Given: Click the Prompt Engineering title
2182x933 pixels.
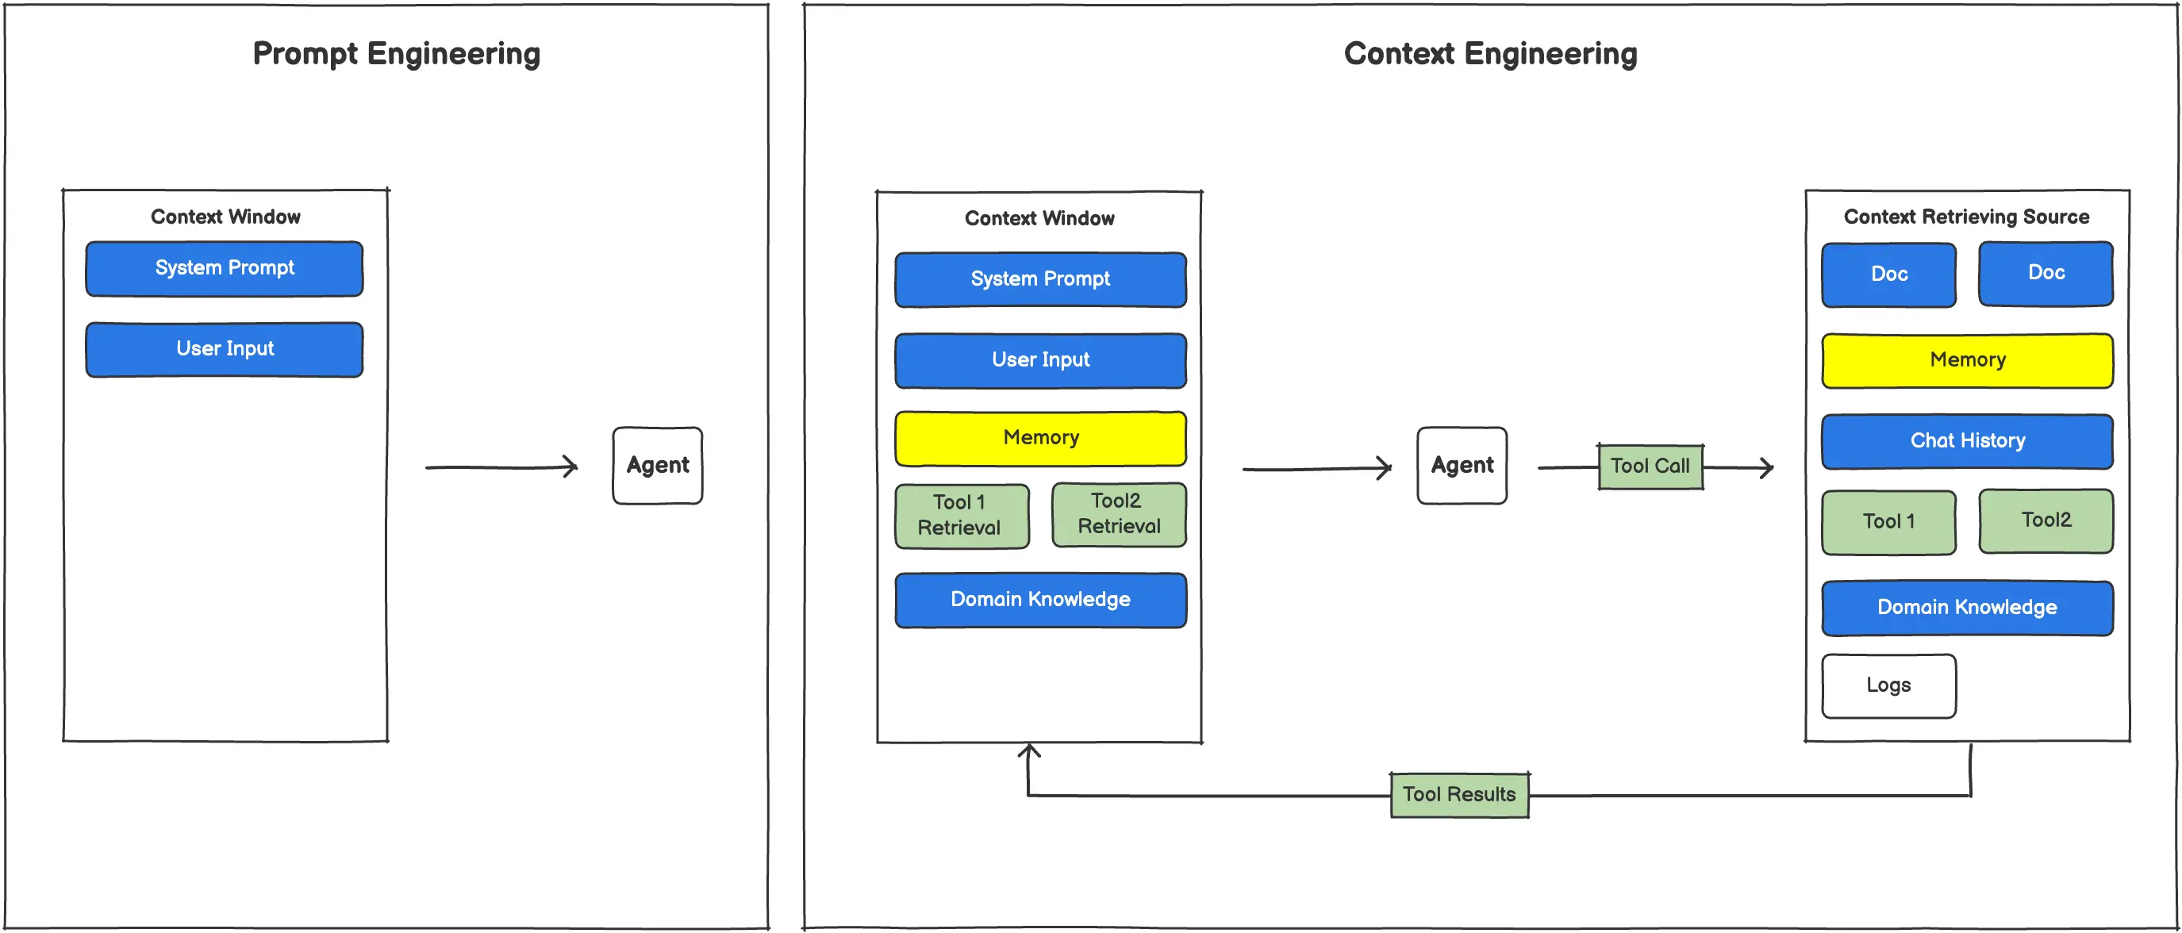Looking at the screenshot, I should coord(396,53).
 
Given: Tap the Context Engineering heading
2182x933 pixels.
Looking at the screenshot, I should coord(1490,53).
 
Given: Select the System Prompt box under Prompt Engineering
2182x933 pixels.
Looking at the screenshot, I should coord(225,268).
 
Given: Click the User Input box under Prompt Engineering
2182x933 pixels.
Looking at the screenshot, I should coord(225,349).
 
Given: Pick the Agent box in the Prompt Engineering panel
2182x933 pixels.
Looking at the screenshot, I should coord(657,466).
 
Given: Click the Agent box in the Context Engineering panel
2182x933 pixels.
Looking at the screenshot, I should coord(1462,466).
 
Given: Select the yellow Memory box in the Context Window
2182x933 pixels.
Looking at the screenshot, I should coord(1040,438).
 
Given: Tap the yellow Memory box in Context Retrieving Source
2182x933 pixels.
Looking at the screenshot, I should coord(1967,360).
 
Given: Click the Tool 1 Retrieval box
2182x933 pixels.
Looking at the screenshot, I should coord(962,516).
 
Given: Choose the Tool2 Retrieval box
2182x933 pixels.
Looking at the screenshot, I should coord(1118,514).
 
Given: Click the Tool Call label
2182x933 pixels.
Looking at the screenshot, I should coord(1650,466).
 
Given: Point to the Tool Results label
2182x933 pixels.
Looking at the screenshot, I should coord(1458,794).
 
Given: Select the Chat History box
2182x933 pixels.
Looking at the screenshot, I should coord(1967,441).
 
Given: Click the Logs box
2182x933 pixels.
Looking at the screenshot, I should coord(1888,685).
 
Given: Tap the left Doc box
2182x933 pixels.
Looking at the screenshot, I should coord(1888,275).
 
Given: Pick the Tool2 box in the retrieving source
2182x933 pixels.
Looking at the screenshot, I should coord(2045,520).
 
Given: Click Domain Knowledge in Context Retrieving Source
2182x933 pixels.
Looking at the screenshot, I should coord(1967,607).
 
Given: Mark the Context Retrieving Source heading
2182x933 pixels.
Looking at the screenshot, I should coord(1966,217).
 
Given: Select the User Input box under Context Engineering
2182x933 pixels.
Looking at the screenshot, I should coord(1040,360).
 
